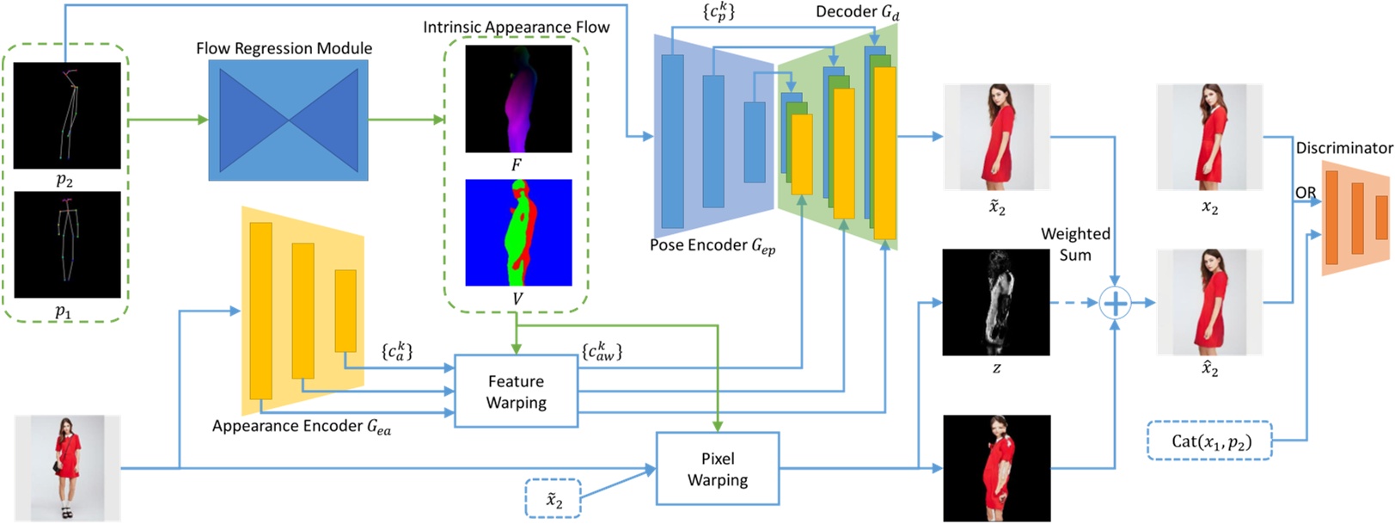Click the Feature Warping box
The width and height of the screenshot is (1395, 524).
(x=516, y=391)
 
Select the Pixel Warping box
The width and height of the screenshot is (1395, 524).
(x=718, y=469)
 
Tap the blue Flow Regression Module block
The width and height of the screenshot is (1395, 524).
(x=288, y=120)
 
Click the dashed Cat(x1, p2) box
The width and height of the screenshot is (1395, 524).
(x=1210, y=441)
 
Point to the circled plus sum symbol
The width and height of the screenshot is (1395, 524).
(x=1115, y=303)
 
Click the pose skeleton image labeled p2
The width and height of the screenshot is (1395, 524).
(x=67, y=115)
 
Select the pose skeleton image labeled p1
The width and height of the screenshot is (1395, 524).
(x=67, y=245)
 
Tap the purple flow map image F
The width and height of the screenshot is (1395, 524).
(x=518, y=98)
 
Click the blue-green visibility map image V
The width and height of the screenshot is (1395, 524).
(x=518, y=232)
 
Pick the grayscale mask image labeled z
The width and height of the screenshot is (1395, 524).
(x=995, y=302)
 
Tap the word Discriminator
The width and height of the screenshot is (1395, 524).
(x=1343, y=148)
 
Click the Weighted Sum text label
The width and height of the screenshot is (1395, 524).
(x=1075, y=244)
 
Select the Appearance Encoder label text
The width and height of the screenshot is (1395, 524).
(x=301, y=427)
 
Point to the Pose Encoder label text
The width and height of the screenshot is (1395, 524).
(x=712, y=246)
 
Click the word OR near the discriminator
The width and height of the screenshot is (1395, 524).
(x=1305, y=193)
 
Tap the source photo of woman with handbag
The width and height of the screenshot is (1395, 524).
(x=67, y=468)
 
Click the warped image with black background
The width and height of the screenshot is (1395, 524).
(x=996, y=468)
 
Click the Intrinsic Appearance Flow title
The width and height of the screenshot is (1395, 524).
(x=516, y=28)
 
